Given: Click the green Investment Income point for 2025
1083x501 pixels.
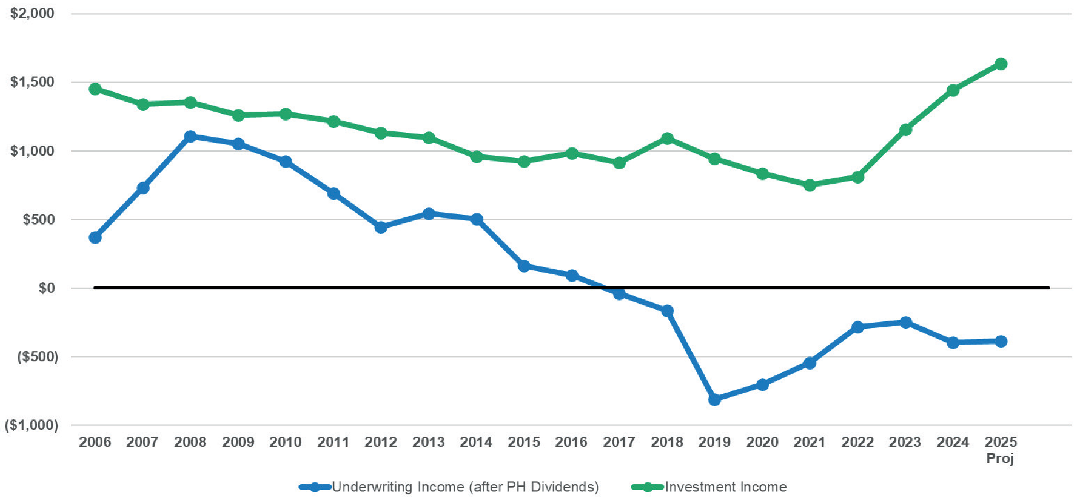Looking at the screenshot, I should [1001, 64].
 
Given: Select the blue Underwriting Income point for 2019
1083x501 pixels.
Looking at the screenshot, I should [714, 399].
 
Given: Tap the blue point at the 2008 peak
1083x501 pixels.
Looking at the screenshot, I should [190, 136].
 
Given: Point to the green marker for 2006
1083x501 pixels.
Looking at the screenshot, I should [95, 89].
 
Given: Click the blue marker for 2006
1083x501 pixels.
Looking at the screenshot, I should [95, 237].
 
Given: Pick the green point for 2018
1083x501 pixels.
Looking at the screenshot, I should [667, 139].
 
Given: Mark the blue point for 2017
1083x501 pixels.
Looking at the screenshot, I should [619, 293].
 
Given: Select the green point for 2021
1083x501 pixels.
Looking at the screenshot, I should [810, 185].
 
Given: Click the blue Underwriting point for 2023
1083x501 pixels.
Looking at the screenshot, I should [905, 322].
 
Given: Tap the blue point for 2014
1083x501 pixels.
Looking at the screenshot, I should [477, 219].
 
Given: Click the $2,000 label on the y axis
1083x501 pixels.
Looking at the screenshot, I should [32, 13].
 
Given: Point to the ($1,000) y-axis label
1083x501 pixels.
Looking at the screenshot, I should [31, 426].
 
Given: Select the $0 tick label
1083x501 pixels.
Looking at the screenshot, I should [46, 288].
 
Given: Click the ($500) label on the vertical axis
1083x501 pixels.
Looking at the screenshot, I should [37, 357].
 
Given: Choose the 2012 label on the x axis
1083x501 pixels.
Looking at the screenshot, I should [381, 442].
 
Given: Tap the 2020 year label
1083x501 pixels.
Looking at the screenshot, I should [762, 442].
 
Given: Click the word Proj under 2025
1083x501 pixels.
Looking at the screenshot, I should [1000, 459].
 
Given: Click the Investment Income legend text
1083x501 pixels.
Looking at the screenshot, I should [725, 487].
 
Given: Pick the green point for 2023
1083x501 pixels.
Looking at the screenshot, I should [905, 130].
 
